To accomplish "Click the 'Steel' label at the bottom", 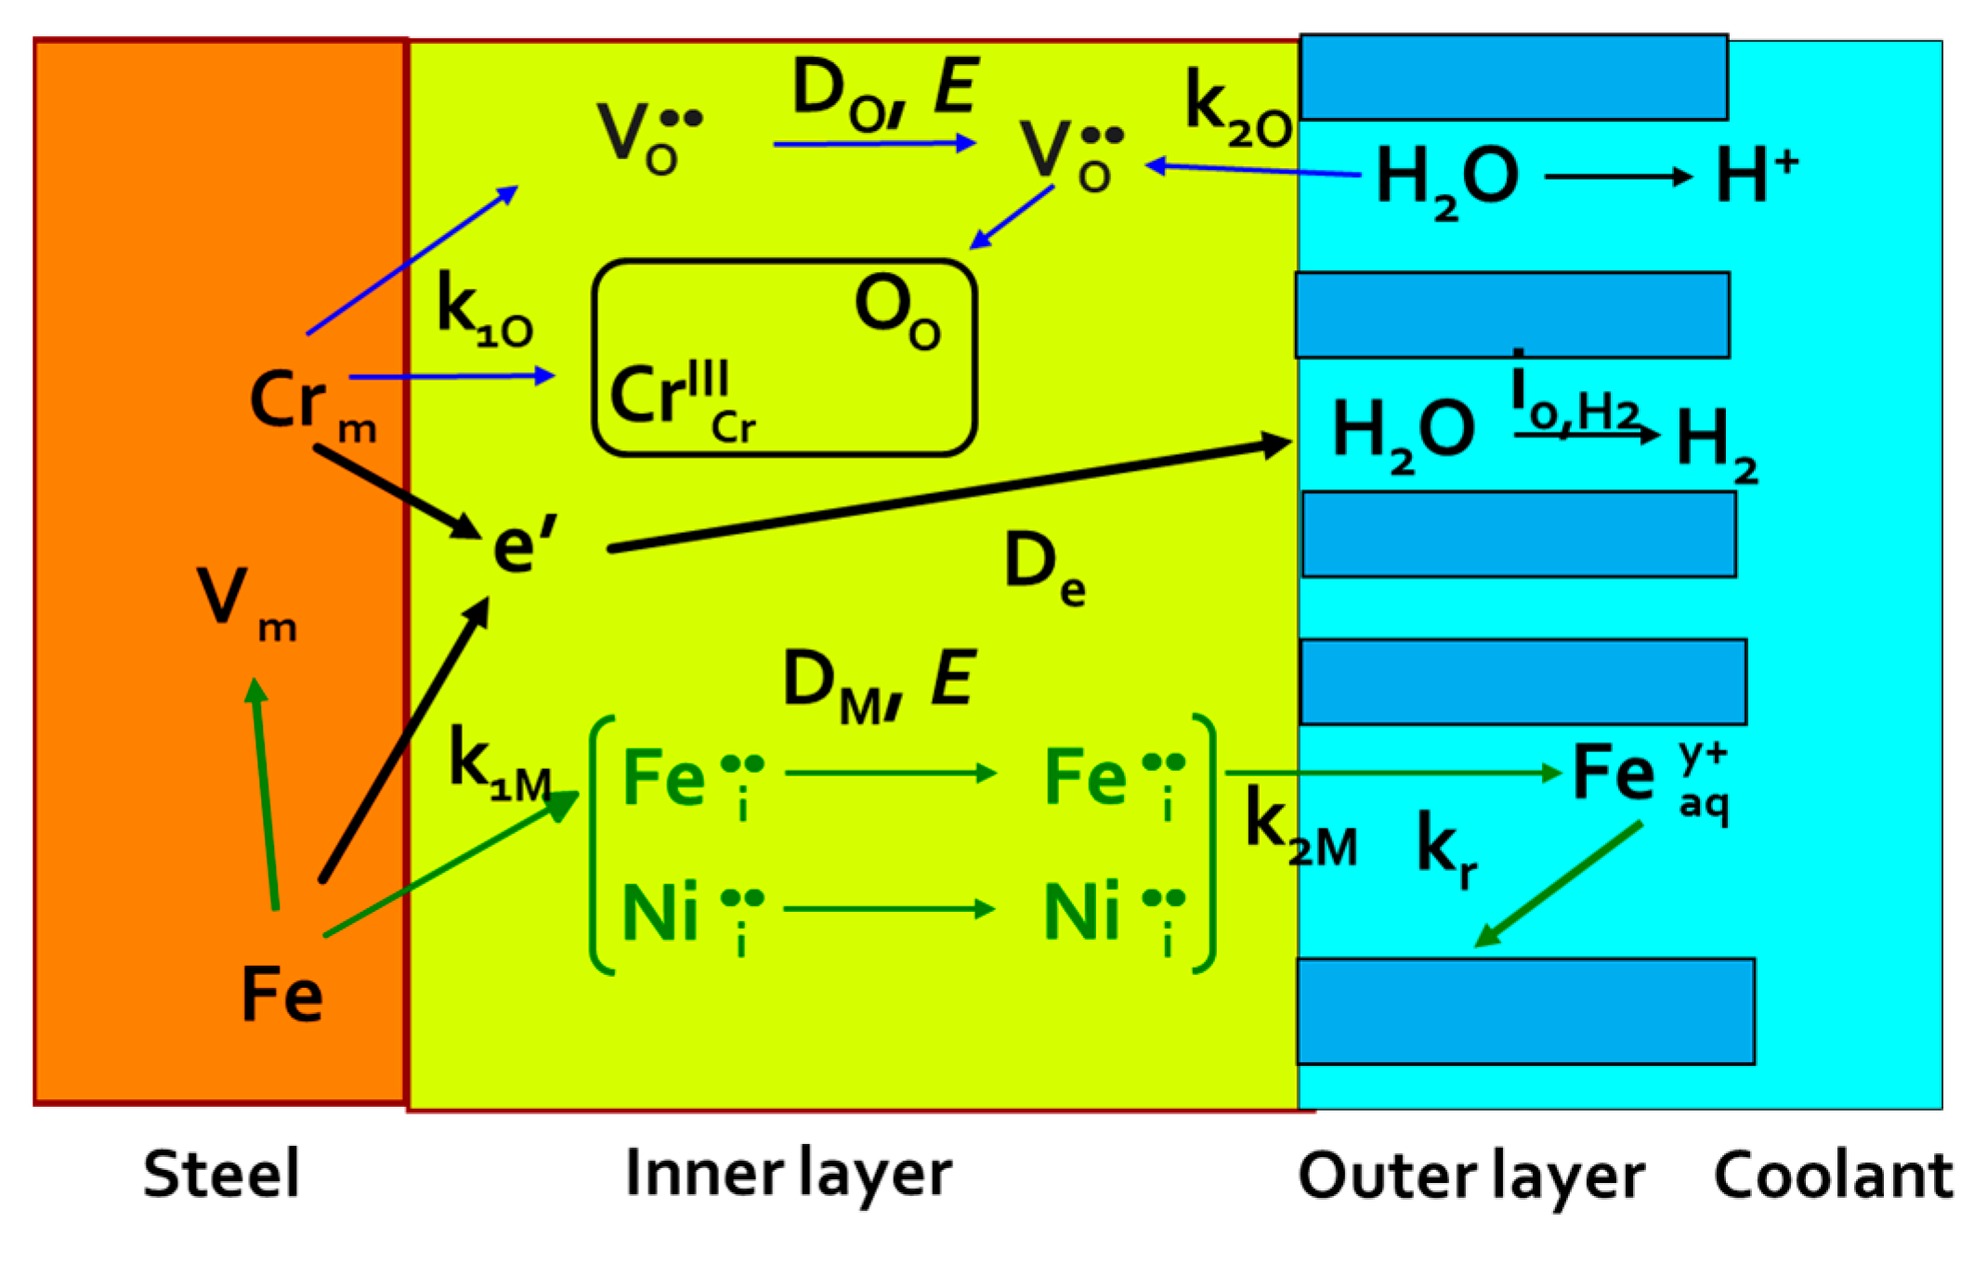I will point(221,1174).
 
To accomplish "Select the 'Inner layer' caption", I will point(789,1174).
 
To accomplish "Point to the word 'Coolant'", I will point(1833,1176).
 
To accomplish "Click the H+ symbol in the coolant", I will point(1755,176).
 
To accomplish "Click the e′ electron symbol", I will point(524,545).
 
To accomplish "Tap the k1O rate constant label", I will point(484,310).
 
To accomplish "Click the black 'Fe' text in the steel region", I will point(281,994).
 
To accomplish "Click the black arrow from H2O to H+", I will point(1617,176).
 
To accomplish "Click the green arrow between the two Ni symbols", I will point(889,908).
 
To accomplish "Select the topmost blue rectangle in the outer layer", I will point(1513,78).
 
